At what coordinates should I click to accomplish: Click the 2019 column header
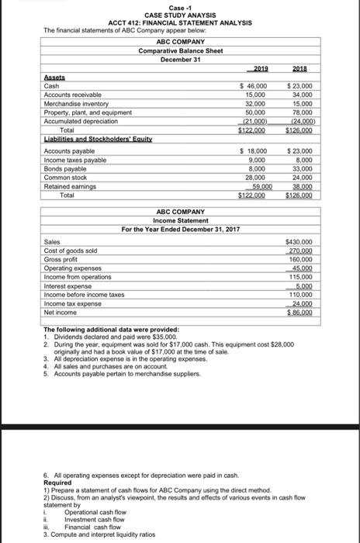266,68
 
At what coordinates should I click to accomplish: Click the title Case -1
181,8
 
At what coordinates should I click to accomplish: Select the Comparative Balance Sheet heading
180,50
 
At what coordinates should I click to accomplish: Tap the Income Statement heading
180,198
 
